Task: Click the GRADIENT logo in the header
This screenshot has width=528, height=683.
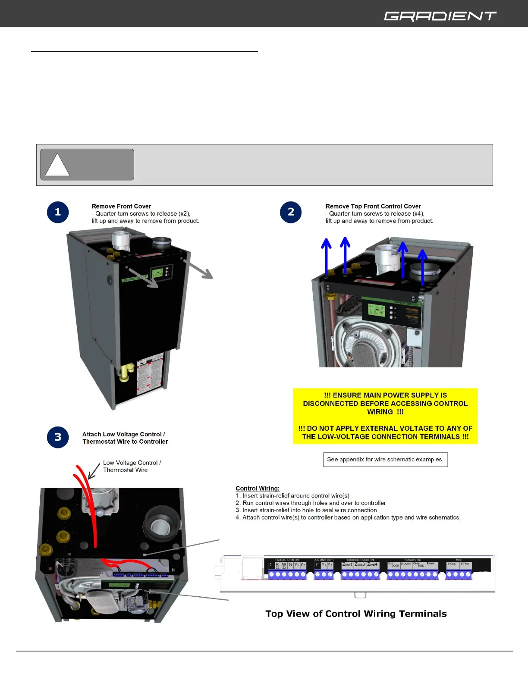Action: pos(440,16)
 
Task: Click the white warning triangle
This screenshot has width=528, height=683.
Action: pos(57,166)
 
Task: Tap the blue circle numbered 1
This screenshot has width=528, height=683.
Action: pos(58,212)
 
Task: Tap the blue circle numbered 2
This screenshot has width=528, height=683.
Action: pos(291,212)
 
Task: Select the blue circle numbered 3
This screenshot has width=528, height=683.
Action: pos(58,437)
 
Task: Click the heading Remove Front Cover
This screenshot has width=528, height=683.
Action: pos(121,207)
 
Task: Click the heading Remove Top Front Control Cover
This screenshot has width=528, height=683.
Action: pos(373,207)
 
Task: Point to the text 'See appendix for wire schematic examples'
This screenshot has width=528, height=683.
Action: pos(385,460)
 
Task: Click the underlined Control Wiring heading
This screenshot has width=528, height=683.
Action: pos(258,489)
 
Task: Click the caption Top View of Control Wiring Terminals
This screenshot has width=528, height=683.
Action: pos(356,614)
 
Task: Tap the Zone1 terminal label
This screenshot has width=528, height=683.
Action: pos(347,564)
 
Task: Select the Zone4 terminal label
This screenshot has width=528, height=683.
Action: pos(372,564)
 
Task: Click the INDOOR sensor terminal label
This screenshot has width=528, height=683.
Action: pos(406,564)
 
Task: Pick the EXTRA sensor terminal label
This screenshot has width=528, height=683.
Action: pos(431,564)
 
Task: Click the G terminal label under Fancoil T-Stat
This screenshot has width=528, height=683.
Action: pos(290,565)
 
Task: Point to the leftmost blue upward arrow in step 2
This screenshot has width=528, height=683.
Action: pos(326,257)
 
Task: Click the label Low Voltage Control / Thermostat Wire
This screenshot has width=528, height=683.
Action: pos(132,467)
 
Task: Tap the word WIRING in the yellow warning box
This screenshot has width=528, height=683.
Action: pos(380,412)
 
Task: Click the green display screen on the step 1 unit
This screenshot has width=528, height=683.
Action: pos(157,273)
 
